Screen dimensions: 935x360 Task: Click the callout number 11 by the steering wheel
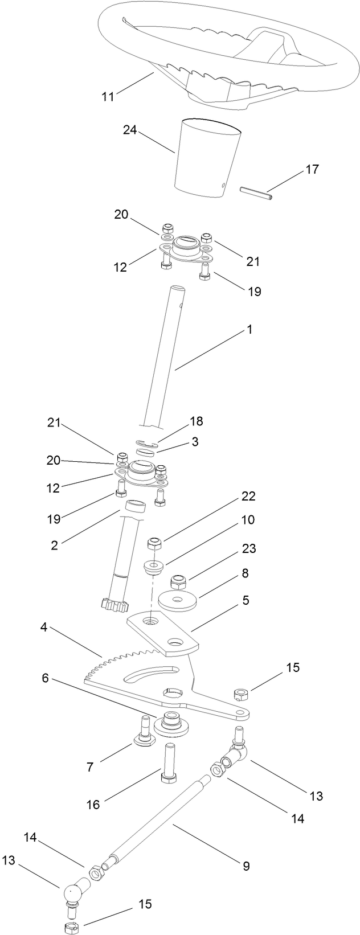click(x=108, y=96)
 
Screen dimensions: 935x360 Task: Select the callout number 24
click(x=130, y=130)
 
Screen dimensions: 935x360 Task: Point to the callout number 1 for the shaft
click(x=248, y=330)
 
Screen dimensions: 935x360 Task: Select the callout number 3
click(x=195, y=441)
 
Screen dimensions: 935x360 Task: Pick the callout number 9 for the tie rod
click(x=246, y=866)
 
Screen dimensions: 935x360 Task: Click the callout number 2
click(x=54, y=544)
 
